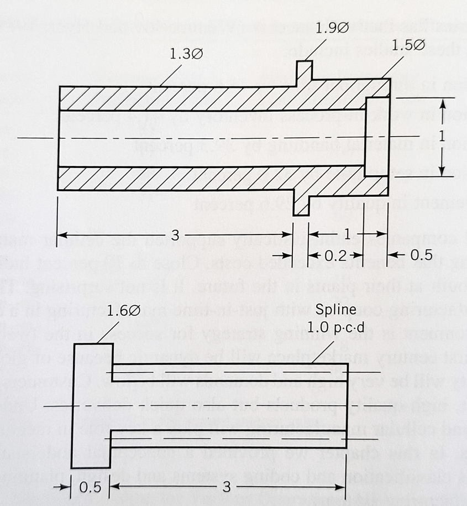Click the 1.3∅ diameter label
(186, 54)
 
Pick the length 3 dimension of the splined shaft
(226, 487)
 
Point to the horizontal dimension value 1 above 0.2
(347, 235)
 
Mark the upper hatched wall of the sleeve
(210, 98)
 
